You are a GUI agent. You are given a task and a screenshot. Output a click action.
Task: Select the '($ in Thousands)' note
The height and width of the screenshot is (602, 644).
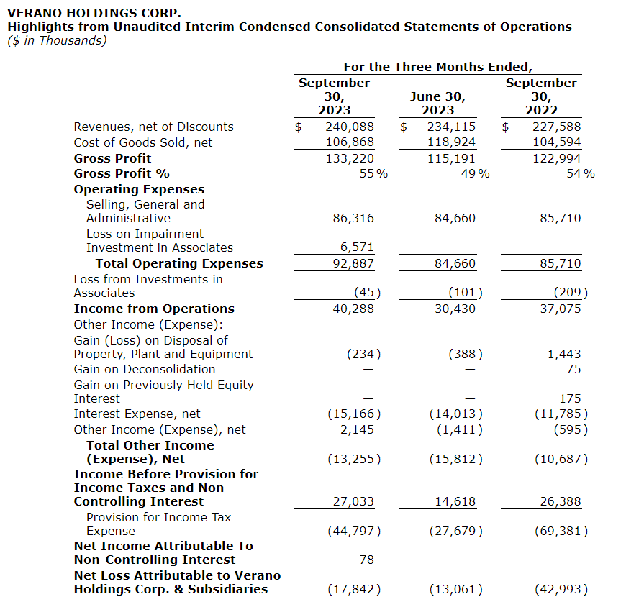[57, 40]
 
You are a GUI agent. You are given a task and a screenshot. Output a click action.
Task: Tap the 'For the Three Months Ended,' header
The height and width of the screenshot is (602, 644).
[437, 67]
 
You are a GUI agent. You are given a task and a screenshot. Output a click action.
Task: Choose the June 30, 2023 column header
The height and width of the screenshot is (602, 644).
[437, 103]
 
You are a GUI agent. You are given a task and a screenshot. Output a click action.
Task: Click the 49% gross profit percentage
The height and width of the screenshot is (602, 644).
[475, 173]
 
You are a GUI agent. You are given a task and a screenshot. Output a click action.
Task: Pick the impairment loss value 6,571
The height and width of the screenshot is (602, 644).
[357, 247]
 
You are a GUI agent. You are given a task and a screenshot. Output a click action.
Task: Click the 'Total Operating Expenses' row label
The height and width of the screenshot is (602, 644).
[179, 263]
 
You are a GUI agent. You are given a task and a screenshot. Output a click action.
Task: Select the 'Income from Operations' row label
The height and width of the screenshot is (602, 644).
[154, 309]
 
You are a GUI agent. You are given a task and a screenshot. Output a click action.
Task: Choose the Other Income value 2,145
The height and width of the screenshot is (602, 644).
[357, 429]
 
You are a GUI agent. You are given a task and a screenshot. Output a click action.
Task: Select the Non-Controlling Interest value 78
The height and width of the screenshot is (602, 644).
[366, 560]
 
